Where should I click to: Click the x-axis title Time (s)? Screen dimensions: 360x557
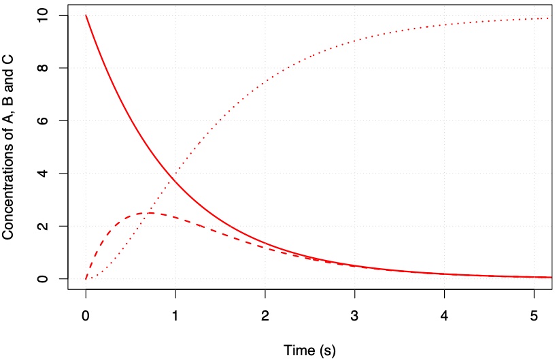(x=309, y=350)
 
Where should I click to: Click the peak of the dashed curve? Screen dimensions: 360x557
(x=150, y=213)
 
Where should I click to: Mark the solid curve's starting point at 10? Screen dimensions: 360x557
(x=86, y=15)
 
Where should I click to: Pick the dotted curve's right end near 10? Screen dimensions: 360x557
(x=548, y=18)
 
